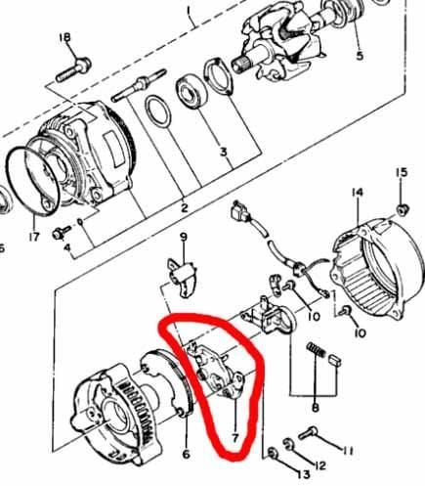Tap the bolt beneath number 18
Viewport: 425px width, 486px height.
76,69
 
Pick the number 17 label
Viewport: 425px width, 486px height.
35,235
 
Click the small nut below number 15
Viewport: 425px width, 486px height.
403,210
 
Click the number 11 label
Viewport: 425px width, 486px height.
349,450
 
